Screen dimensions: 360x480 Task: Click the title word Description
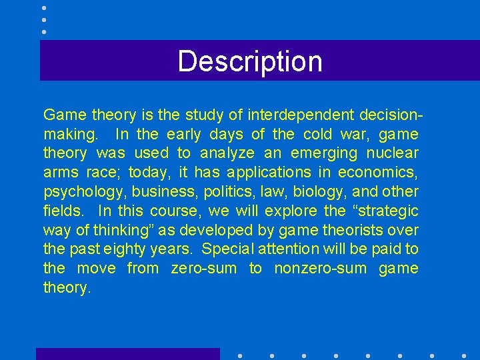[x=250, y=61]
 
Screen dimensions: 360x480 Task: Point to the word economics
[x=377, y=173]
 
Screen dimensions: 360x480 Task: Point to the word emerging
[x=325, y=153]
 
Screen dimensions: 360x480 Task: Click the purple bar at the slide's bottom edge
[x=127, y=354]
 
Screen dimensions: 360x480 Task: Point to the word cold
[x=317, y=135]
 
